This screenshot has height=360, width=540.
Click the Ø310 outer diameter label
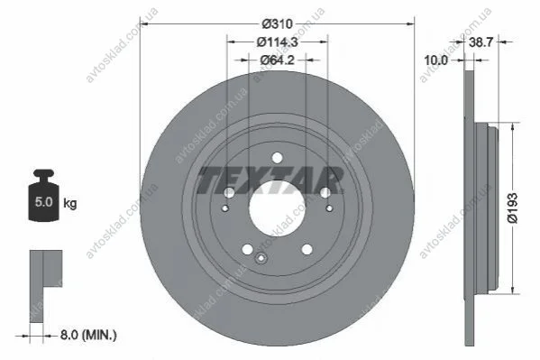pos(277,23)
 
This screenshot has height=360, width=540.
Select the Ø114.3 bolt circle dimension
pos(277,42)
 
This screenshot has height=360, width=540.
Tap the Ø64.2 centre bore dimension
pos(277,60)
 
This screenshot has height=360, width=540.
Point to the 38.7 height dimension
pos(481,42)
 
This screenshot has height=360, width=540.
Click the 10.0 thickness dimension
pos(436,60)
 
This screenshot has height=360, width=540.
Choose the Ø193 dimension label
pos(513,208)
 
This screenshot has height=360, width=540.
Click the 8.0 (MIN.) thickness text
pos(88,335)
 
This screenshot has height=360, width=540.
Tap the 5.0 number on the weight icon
pos(44,202)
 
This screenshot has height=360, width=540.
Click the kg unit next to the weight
pos(70,203)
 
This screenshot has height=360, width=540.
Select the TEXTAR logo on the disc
pos(270,180)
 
